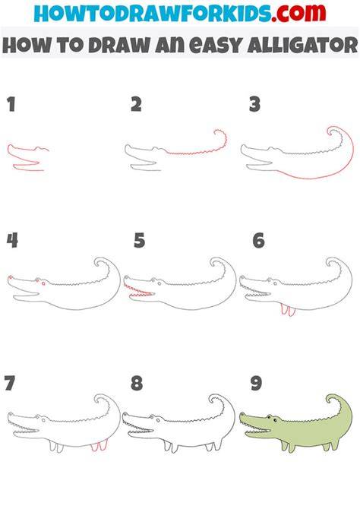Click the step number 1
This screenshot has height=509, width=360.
[11, 105]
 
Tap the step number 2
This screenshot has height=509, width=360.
[137, 105]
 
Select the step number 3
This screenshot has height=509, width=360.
[255, 105]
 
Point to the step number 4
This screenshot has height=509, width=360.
[12, 241]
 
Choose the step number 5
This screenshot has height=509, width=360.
[139, 241]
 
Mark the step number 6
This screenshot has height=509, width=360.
[259, 241]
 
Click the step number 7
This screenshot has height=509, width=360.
[10, 383]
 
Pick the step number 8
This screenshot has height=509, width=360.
[137, 383]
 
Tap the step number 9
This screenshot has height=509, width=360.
[256, 383]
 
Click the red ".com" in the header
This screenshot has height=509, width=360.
[298, 13]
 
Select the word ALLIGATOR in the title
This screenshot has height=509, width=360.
[302, 45]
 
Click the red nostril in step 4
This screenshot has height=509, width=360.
[11, 277]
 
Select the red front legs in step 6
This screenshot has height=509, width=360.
[288, 310]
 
